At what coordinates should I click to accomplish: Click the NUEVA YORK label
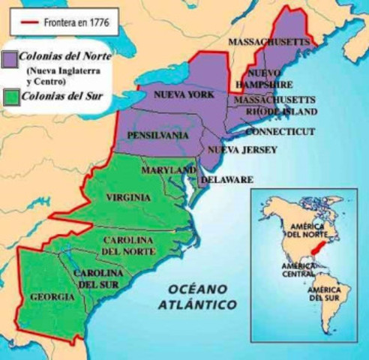click(x=184, y=95)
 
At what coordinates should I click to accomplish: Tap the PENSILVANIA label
click(x=158, y=135)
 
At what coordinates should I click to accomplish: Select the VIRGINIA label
click(x=128, y=197)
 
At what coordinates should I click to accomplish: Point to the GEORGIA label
click(x=52, y=297)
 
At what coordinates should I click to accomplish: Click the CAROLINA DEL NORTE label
click(x=128, y=244)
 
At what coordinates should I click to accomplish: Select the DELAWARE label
click(x=226, y=180)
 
